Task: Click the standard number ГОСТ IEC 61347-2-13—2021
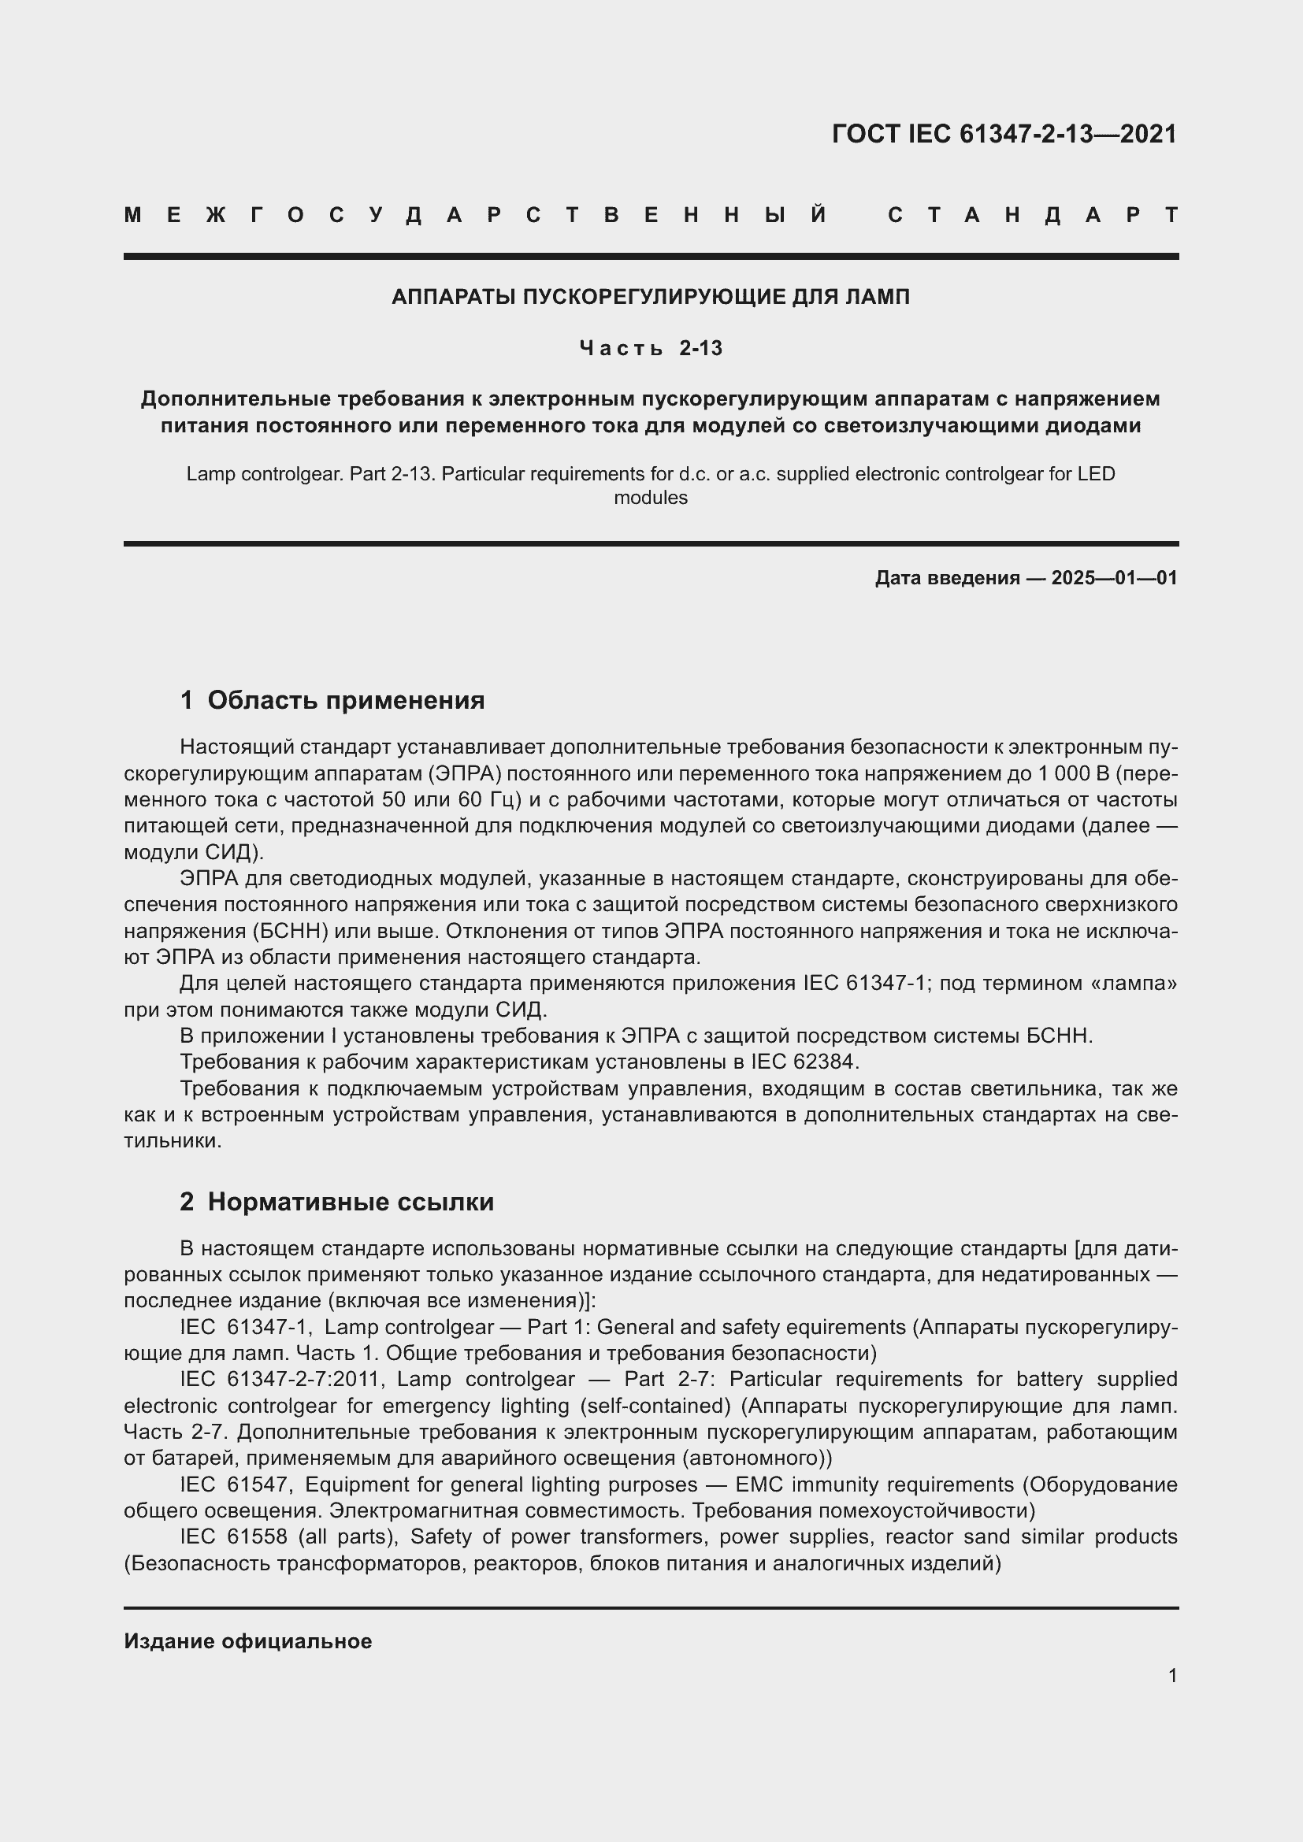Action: coord(1004,134)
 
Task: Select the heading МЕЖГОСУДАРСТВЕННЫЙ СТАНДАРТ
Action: coord(651,215)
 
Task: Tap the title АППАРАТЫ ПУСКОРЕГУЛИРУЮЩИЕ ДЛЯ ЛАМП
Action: coord(651,297)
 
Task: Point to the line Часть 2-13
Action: coord(651,348)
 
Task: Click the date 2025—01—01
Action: coord(1114,577)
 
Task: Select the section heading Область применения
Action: coord(346,700)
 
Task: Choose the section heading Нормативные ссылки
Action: coord(351,1202)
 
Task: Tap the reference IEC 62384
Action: coord(805,1062)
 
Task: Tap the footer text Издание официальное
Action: coord(248,1641)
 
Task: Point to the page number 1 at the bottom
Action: coord(1172,1675)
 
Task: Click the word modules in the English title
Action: coord(651,498)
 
